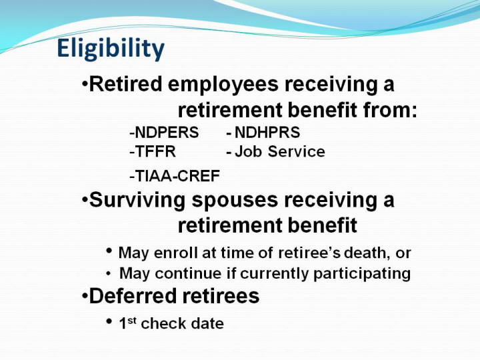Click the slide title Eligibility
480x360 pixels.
point(111,49)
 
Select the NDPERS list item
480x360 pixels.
point(164,133)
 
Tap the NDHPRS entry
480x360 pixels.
point(263,133)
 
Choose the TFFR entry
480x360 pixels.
point(153,151)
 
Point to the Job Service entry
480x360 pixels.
point(275,151)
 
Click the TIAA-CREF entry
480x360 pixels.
point(175,176)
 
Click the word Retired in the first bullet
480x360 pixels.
point(125,84)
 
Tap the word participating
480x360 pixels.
point(362,274)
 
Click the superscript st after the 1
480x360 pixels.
point(132,320)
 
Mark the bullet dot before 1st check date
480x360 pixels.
point(109,321)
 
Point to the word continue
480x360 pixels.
point(188,273)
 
